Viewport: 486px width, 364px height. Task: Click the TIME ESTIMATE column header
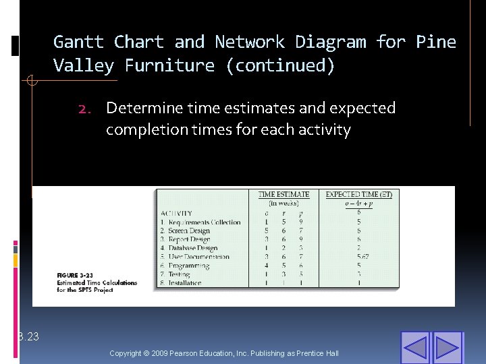pos(283,195)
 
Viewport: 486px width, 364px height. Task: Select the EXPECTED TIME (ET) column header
pos(358,195)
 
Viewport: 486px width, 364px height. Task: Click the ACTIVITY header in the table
pos(176,213)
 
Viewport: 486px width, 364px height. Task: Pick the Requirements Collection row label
pos(200,222)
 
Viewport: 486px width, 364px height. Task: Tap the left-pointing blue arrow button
pos(415,347)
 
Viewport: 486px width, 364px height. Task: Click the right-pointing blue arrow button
pos(447,347)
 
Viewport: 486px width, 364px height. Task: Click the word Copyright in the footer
pos(124,354)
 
